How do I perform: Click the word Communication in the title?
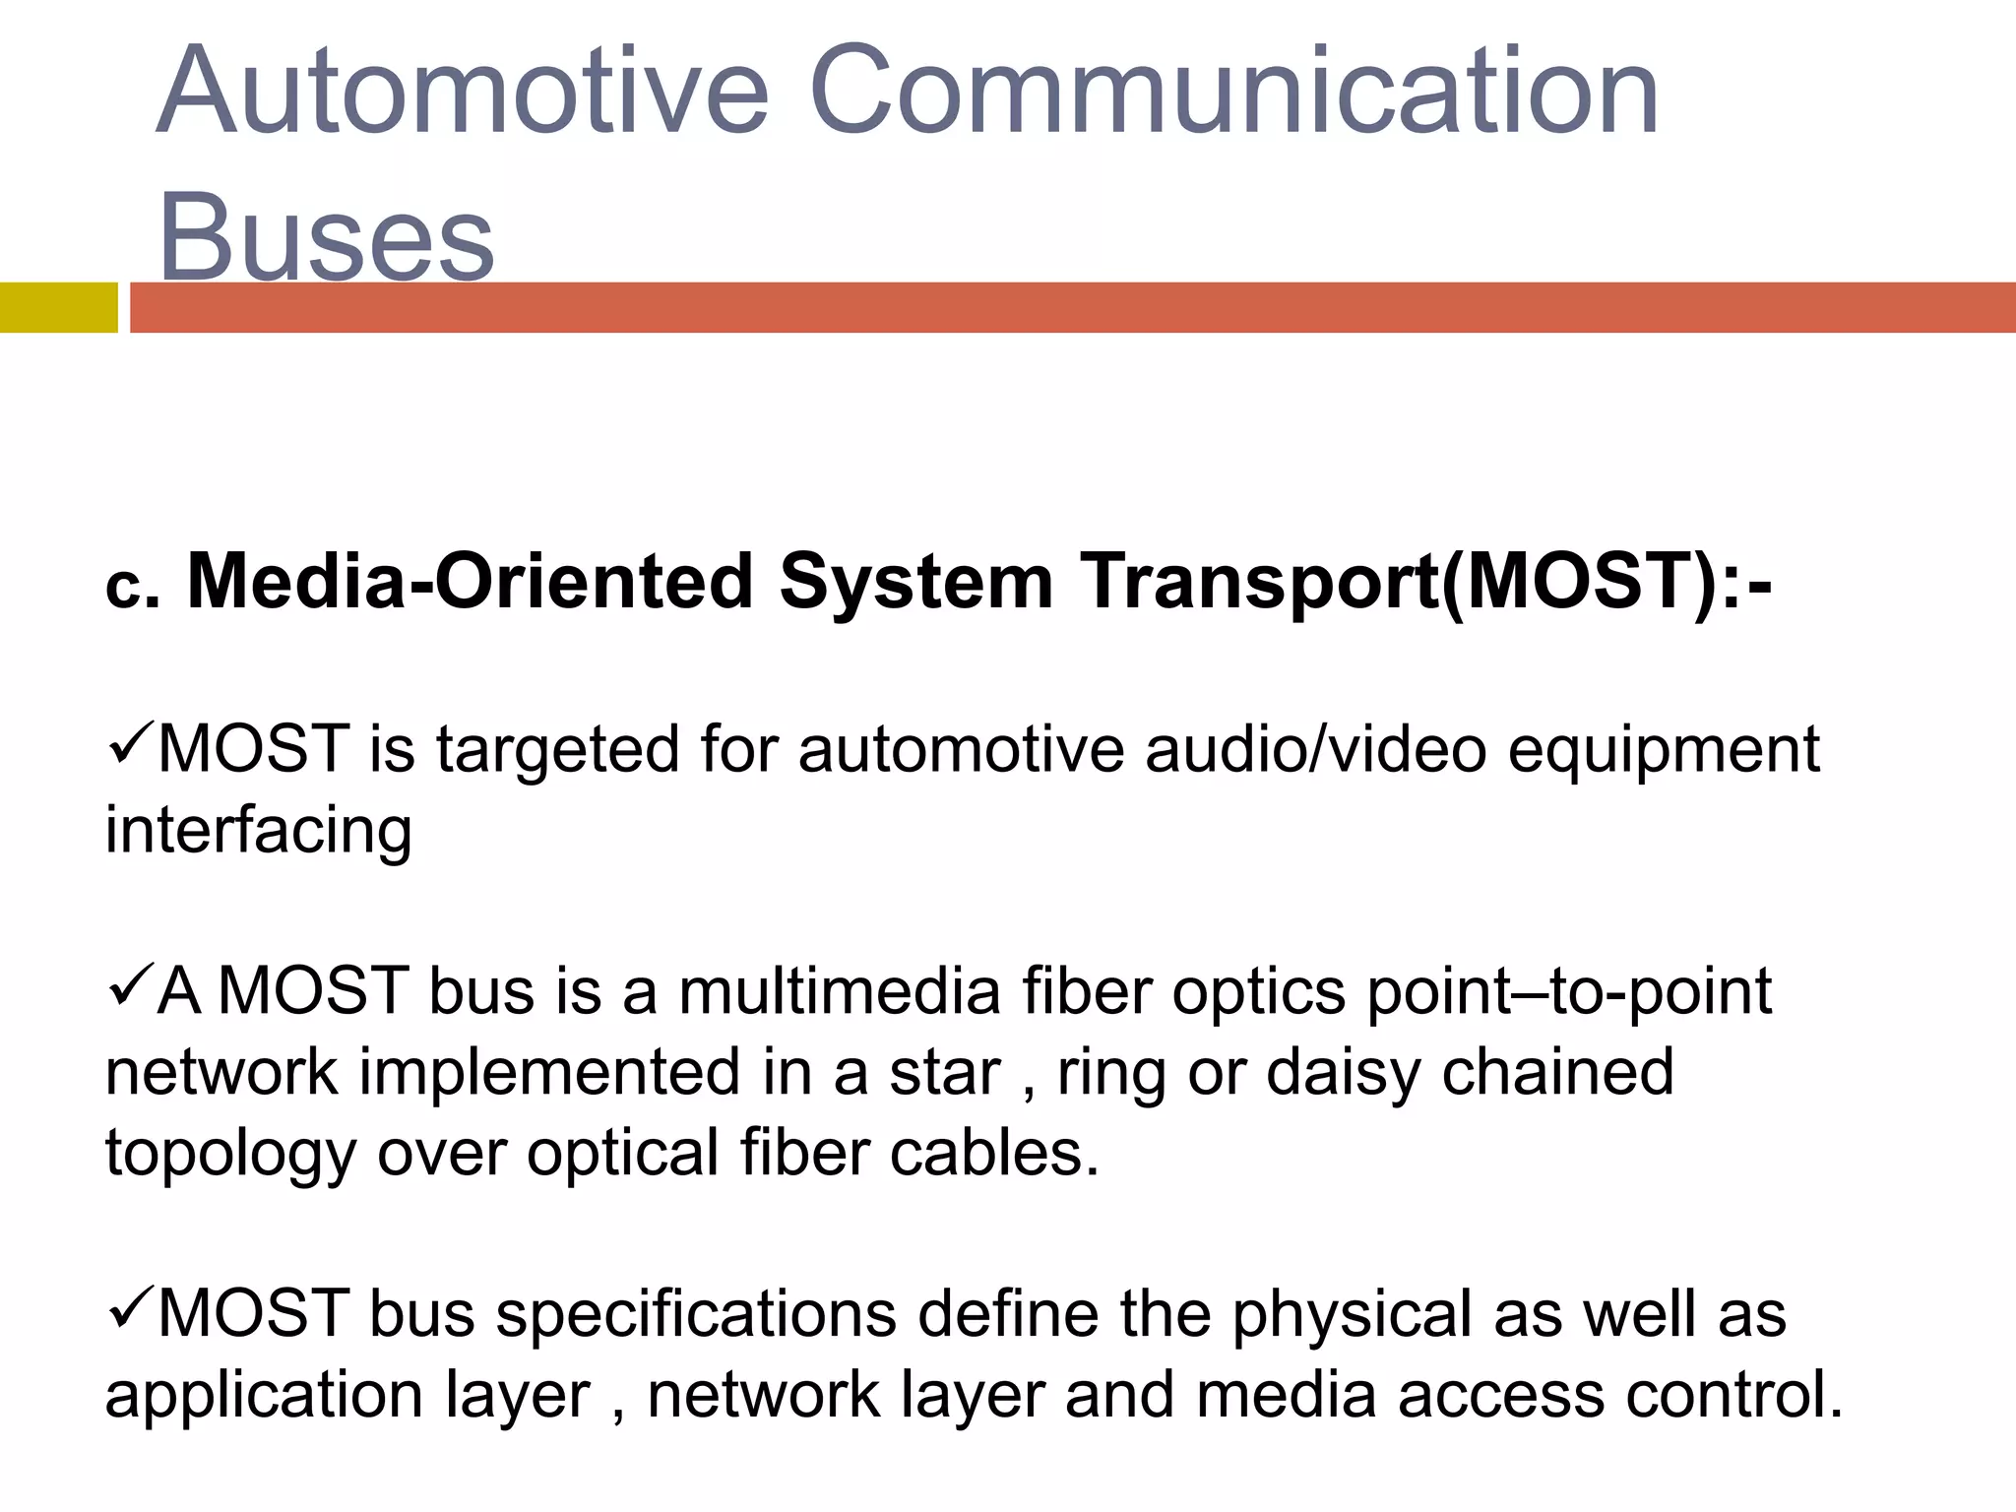coord(1234,91)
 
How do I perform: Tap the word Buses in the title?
coord(326,236)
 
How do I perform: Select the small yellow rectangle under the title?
coord(58,307)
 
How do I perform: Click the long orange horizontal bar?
coord(1073,307)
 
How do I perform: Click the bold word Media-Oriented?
coord(471,581)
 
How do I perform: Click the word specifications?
coord(696,1316)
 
